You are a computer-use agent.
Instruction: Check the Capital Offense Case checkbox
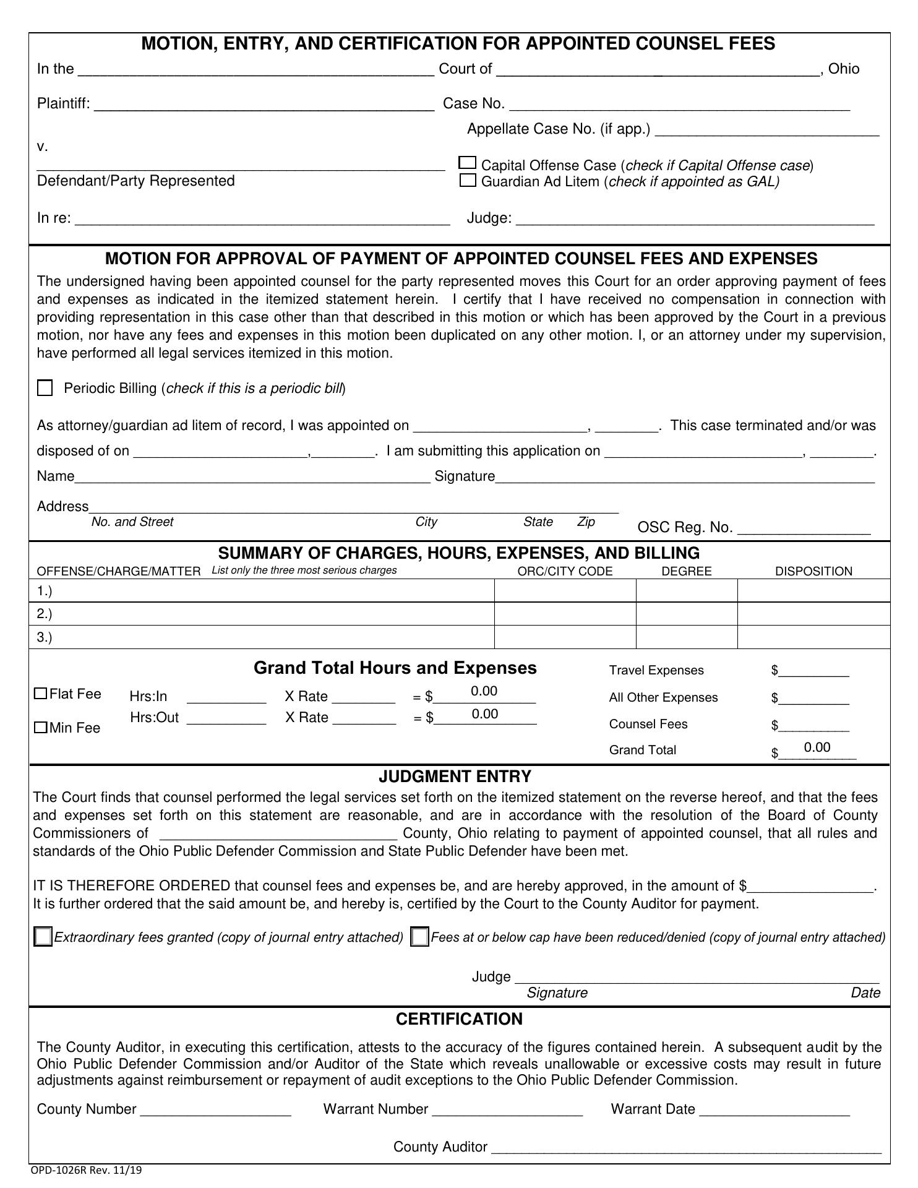[x=468, y=163]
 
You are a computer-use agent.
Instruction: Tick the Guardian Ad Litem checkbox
[x=468, y=181]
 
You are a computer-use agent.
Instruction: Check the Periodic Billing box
[x=45, y=388]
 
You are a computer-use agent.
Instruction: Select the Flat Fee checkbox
[x=41, y=694]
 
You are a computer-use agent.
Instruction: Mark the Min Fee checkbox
[x=41, y=728]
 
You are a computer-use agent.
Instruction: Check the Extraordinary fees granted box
[x=43, y=937]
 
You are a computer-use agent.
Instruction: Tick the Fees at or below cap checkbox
[x=419, y=937]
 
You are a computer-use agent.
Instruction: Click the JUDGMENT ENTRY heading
[x=455, y=777]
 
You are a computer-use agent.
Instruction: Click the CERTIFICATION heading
[x=459, y=1019]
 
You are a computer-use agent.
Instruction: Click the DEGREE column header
[x=687, y=571]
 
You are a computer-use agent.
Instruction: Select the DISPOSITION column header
[x=813, y=571]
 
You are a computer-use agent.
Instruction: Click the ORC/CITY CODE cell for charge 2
[x=565, y=614]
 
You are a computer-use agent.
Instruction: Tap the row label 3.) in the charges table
[x=45, y=637]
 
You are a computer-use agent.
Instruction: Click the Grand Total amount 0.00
[x=817, y=747]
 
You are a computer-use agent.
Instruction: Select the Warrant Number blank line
[x=507, y=1109]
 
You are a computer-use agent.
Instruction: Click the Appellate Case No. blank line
[x=767, y=129]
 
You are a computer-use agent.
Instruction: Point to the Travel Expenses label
[x=656, y=670]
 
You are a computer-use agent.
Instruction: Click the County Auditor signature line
[x=685, y=1147]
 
